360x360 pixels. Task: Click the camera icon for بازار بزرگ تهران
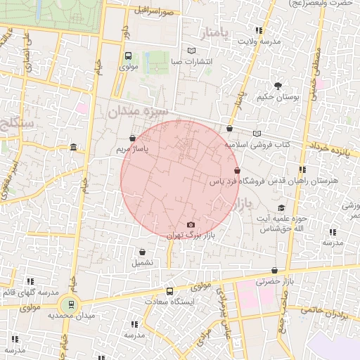(191, 225)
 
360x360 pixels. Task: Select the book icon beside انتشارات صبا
(192, 51)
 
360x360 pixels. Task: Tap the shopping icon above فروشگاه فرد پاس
(236, 171)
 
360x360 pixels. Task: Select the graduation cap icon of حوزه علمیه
(281, 208)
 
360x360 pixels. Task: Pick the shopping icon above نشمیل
(143, 252)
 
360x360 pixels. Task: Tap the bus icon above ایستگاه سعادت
(169, 291)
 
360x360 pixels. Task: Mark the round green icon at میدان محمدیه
(69, 305)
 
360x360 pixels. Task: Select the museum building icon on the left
(74, 147)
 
